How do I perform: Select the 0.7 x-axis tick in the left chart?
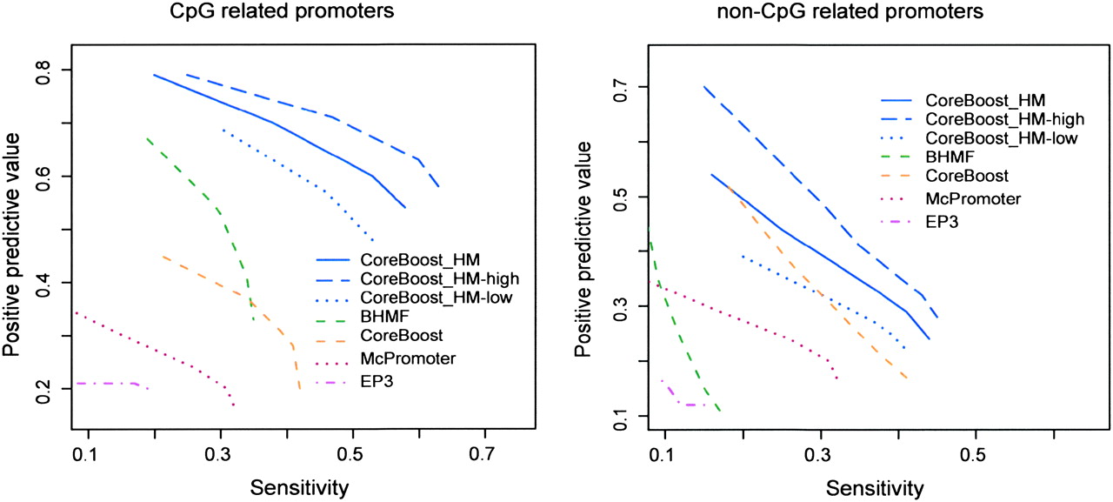point(485,456)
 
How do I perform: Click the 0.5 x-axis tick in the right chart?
point(976,456)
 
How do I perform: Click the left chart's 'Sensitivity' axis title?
point(300,487)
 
